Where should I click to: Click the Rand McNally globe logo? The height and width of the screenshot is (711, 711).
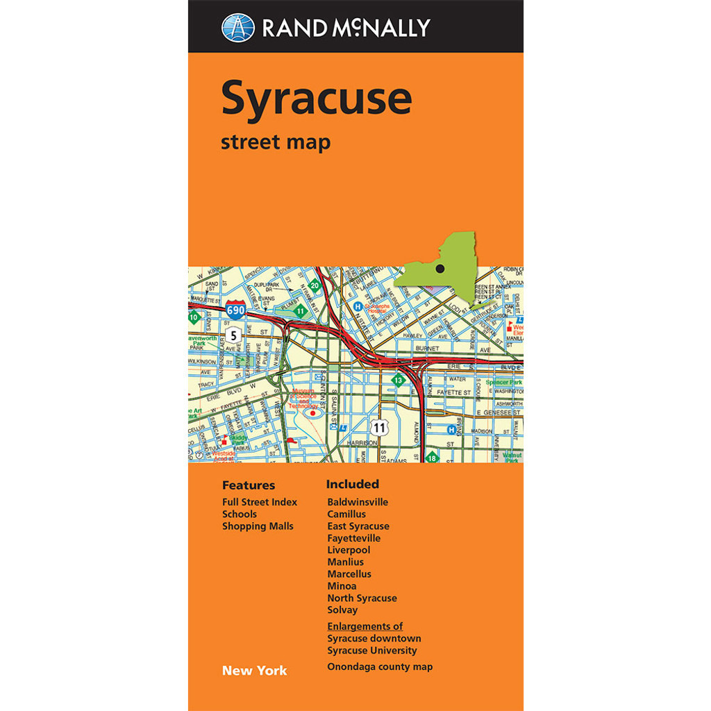click(x=238, y=27)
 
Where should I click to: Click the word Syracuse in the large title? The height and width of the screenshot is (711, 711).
click(x=317, y=99)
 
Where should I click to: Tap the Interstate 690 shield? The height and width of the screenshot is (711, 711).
click(x=235, y=310)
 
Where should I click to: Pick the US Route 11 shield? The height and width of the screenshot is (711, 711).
click(x=378, y=428)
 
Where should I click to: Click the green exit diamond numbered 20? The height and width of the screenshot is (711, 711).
click(x=315, y=284)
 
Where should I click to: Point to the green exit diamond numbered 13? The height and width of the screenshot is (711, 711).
click(x=398, y=380)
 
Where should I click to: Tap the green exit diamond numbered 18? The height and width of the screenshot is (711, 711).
click(x=432, y=457)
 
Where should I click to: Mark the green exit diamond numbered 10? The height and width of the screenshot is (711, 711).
click(x=194, y=317)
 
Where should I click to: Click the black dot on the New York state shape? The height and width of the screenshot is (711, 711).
click(x=440, y=269)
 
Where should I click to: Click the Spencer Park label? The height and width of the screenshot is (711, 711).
click(x=503, y=382)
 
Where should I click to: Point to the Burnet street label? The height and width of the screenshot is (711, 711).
click(x=428, y=348)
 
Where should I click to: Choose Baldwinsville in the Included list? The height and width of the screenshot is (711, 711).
click(x=358, y=502)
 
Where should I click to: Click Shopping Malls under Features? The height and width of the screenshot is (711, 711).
click(x=258, y=526)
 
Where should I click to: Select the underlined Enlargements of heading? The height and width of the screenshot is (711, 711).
click(x=365, y=626)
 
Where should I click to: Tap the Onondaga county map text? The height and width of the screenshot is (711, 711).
click(x=380, y=667)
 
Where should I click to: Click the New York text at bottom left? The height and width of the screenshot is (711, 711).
click(x=254, y=671)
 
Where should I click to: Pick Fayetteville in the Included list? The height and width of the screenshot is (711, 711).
click(x=354, y=538)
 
